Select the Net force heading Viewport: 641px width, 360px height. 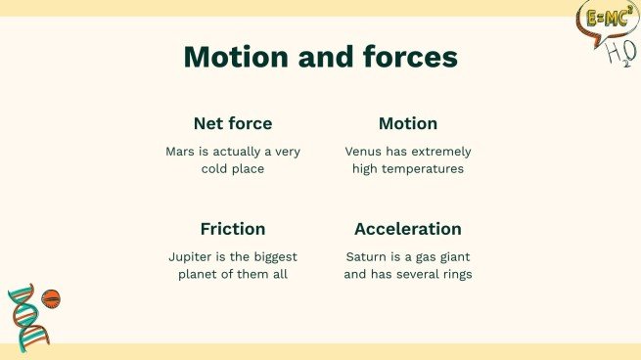tap(233, 124)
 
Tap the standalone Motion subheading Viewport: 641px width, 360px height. tap(407, 124)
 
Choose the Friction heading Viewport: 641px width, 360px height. tap(233, 229)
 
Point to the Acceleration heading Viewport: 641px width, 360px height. tap(407, 229)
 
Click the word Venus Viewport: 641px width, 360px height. tap(365, 152)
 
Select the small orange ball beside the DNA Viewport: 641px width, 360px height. tap(52, 297)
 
